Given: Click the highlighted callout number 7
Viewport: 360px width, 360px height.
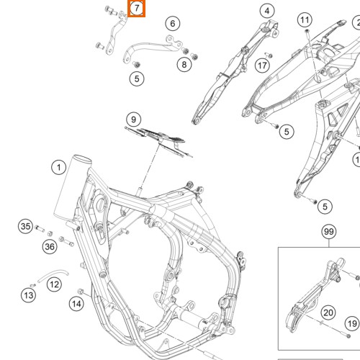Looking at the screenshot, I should coord(136,9).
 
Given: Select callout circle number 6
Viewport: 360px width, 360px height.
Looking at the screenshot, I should coord(172,24).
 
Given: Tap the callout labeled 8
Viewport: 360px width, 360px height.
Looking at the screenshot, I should coord(184,65).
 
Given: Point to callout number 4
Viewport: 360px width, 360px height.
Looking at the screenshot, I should coord(267,11).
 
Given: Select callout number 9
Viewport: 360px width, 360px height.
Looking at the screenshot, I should coord(132,119).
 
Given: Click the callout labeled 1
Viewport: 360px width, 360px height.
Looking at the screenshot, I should coord(57,168).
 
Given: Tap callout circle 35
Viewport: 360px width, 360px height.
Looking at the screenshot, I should coord(25,227).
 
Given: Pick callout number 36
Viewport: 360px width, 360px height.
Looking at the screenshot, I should coord(50,247).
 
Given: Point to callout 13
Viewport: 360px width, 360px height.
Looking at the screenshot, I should coord(28,295).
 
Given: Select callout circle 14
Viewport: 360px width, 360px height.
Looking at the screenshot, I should coord(76,305).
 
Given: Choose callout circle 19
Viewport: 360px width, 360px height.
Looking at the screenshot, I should coord(351,324).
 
